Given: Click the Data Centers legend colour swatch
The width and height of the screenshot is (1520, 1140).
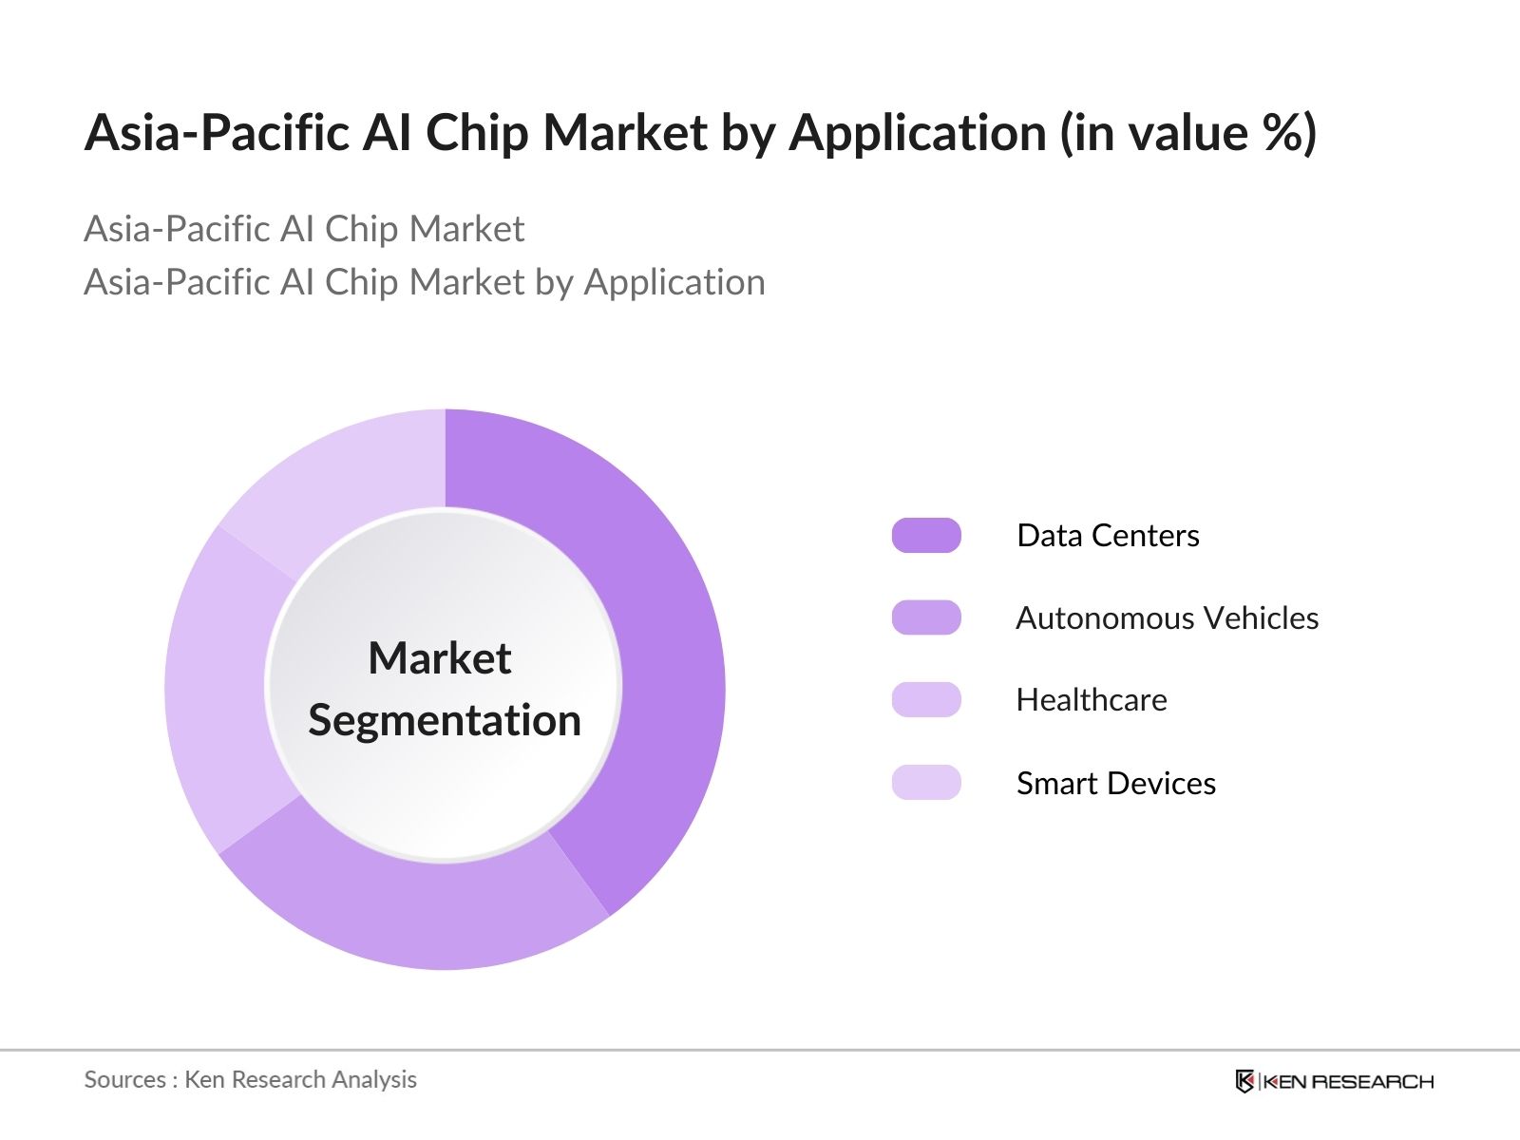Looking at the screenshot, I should coord(926,536).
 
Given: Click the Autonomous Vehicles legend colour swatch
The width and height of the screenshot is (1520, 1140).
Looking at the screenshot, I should coord(926,617).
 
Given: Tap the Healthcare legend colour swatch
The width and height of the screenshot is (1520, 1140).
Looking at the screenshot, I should coord(926,700).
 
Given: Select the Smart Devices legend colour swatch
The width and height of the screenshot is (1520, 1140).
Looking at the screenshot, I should coord(926,783).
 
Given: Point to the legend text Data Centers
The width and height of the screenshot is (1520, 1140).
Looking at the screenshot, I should coord(1108,536).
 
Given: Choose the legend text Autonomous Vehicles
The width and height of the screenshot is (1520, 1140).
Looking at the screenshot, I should coord(1167,618).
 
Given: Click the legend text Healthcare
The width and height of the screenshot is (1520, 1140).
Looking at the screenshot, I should coord(1092,700).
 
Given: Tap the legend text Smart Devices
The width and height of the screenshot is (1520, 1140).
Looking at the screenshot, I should coord(1115,784).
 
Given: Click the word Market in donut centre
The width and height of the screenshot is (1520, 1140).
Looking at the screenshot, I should coord(440,658).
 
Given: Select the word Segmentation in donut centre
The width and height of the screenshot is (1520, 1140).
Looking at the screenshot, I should coord(445,720).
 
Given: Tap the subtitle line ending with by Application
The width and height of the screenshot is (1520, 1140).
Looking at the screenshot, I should coord(424,282).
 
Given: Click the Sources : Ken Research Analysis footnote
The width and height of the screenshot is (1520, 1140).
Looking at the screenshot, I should coord(250,1080).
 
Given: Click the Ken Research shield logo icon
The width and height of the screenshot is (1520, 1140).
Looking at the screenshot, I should coord(1244,1081).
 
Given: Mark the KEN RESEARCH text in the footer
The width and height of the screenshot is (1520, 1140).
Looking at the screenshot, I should coord(1348,1082).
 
